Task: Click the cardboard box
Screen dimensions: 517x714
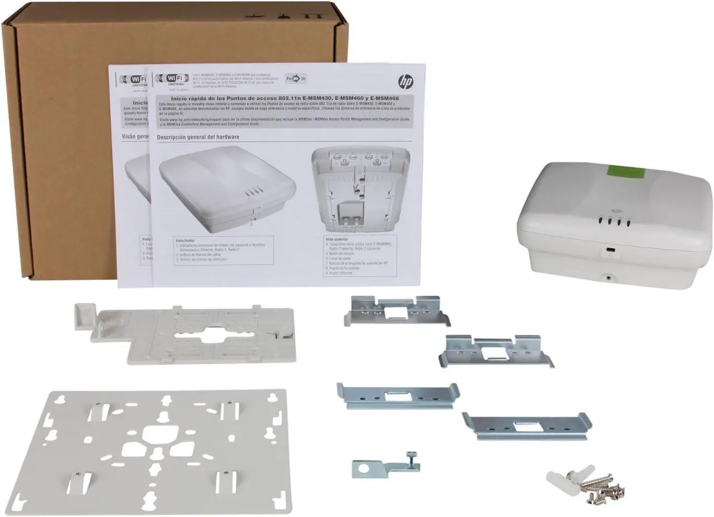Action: tap(67, 139)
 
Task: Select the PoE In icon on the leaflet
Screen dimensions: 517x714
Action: tap(296, 79)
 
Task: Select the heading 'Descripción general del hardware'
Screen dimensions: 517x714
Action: tap(198, 137)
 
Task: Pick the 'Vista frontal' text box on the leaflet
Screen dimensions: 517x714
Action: tap(224, 250)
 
